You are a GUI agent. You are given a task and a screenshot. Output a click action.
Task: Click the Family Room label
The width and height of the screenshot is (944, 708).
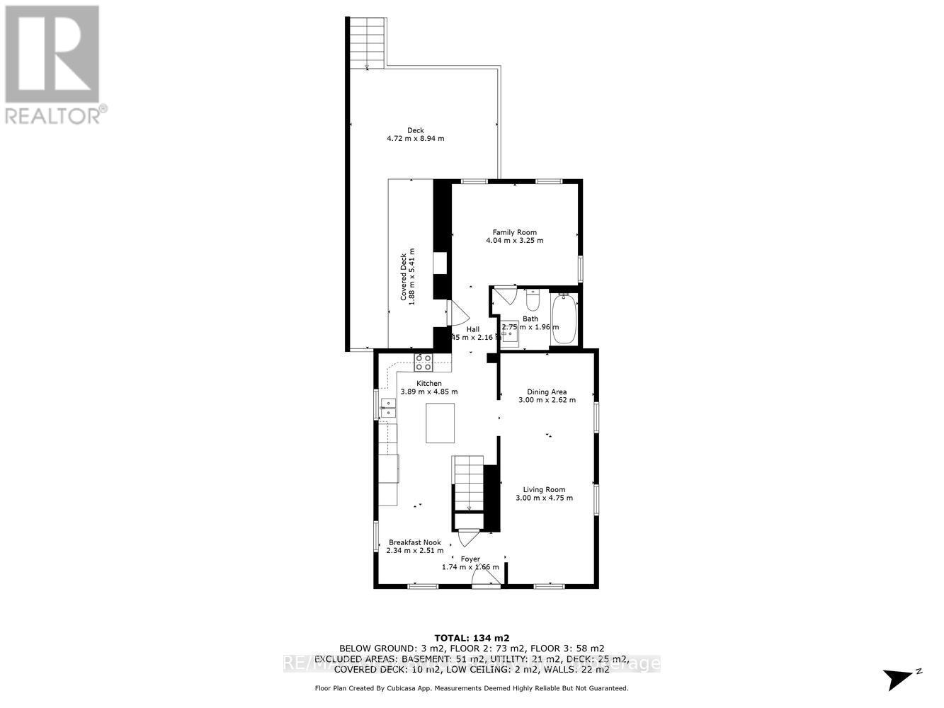pyautogui.click(x=515, y=232)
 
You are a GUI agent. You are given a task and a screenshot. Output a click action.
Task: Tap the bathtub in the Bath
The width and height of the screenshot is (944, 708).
pyautogui.click(x=564, y=320)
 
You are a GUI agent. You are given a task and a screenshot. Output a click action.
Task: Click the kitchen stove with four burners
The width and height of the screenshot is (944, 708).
pyautogui.click(x=423, y=362)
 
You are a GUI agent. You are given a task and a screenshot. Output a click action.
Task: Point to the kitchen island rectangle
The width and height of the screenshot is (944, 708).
pyautogui.click(x=440, y=423)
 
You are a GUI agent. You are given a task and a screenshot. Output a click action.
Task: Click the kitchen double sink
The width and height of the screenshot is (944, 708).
pyautogui.click(x=388, y=408)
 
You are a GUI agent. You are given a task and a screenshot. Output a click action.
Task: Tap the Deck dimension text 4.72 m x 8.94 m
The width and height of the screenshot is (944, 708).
pyautogui.click(x=416, y=139)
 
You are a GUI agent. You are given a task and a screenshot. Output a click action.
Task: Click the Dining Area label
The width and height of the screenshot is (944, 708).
pyautogui.click(x=547, y=392)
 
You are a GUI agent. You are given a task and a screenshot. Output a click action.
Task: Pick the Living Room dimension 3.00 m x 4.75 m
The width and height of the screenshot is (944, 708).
pyautogui.click(x=544, y=498)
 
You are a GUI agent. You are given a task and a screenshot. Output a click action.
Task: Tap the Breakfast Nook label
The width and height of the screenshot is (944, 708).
pyautogui.click(x=415, y=542)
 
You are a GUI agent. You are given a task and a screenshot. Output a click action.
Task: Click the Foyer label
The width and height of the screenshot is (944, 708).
pyautogui.click(x=471, y=559)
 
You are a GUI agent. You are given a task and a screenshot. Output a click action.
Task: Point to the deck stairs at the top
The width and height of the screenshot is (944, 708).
pyautogui.click(x=368, y=42)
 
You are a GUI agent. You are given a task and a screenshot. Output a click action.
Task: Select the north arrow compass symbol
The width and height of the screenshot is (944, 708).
pyautogui.click(x=902, y=678)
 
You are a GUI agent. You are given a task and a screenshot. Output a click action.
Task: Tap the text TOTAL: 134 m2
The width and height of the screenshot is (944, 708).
pyautogui.click(x=471, y=636)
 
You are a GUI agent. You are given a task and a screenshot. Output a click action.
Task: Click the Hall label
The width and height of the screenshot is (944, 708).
pyautogui.click(x=473, y=329)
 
